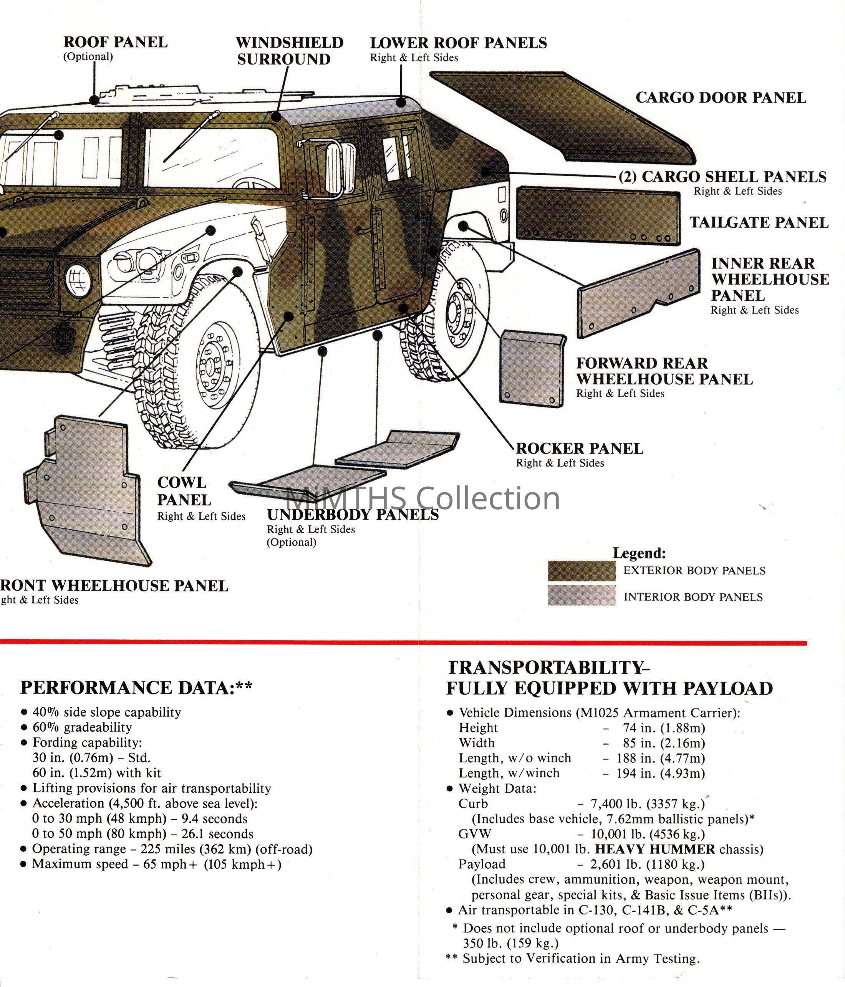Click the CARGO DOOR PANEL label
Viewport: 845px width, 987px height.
[721, 98]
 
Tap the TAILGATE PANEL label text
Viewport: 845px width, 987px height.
[759, 222]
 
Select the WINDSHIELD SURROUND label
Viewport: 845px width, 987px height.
[290, 51]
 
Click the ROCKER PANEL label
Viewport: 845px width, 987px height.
[579, 449]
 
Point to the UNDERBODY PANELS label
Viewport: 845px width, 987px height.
[353, 515]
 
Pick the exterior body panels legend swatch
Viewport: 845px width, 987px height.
[581, 571]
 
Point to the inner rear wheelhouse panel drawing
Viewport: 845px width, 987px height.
[638, 294]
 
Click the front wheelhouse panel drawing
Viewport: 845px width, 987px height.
[86, 491]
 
